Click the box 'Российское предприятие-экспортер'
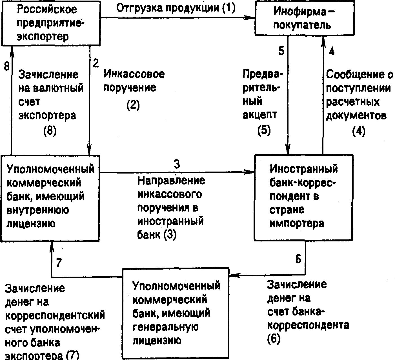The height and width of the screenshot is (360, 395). tap(50, 23)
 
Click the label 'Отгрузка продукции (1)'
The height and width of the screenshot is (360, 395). tap(175, 8)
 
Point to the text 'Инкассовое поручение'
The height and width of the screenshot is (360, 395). tap(134, 81)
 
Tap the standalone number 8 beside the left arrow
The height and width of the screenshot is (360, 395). tap(6, 67)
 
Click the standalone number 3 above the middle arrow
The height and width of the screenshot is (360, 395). tap(177, 164)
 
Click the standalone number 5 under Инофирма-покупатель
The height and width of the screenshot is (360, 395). tap(281, 52)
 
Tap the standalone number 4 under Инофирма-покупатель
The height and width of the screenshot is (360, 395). tap(332, 52)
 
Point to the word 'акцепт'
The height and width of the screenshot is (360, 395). tap(260, 115)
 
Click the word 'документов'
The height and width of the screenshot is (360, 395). tap(356, 115)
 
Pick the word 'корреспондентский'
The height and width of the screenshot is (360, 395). tap(55, 315)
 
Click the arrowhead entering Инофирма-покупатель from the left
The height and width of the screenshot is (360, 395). tap(251, 17)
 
